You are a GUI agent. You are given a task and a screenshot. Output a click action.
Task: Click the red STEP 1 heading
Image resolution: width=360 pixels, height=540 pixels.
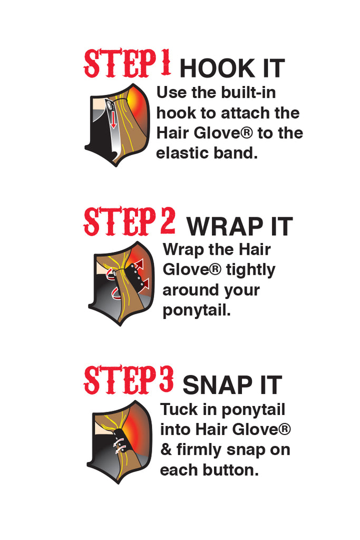[x=127, y=63]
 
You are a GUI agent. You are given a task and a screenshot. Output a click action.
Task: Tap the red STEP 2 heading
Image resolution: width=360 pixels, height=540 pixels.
[x=129, y=221]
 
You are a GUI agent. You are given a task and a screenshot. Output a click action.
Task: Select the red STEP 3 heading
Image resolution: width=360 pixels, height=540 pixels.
[x=129, y=380]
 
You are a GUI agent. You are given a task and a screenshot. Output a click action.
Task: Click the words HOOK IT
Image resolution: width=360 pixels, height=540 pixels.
[x=232, y=68]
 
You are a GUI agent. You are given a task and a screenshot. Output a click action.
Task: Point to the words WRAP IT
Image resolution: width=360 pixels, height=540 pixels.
[x=239, y=226]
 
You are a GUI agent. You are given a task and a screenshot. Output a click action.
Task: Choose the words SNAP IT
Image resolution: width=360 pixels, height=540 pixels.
[x=232, y=384]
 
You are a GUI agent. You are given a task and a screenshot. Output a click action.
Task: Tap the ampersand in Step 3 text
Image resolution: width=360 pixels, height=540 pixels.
[x=166, y=449]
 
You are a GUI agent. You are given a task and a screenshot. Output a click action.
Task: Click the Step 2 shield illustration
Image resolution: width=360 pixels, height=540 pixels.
[x=121, y=283]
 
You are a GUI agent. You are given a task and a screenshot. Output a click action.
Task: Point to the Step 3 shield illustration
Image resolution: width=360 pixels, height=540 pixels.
[x=120, y=442]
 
